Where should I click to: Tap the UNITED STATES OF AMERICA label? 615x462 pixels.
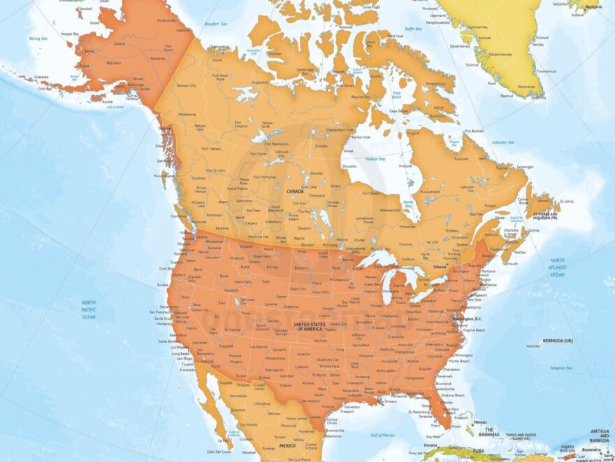310,327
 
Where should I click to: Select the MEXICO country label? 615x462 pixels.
288,446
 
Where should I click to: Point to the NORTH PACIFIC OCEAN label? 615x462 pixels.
89,309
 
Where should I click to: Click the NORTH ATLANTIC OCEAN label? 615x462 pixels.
557,267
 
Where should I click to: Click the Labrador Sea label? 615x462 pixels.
502,143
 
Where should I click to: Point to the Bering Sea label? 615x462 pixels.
38,40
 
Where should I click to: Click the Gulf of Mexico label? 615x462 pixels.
383,435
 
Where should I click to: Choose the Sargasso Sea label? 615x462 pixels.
560,367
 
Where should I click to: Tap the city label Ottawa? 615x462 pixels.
440,267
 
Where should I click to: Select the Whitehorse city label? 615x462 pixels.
187,113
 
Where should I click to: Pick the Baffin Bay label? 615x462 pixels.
414,29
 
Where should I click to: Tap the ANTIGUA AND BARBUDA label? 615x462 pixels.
600,433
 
